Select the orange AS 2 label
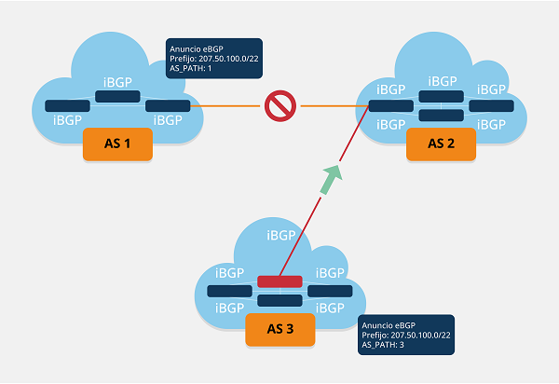[441, 145]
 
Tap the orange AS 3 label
[279, 330]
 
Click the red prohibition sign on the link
[278, 106]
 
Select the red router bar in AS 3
[279, 281]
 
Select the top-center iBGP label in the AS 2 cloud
[442, 81]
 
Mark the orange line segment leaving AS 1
[224, 106]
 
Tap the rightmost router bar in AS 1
[168, 106]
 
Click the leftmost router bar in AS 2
[390, 105]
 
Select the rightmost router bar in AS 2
[491, 106]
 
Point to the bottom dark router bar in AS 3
[279, 301]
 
